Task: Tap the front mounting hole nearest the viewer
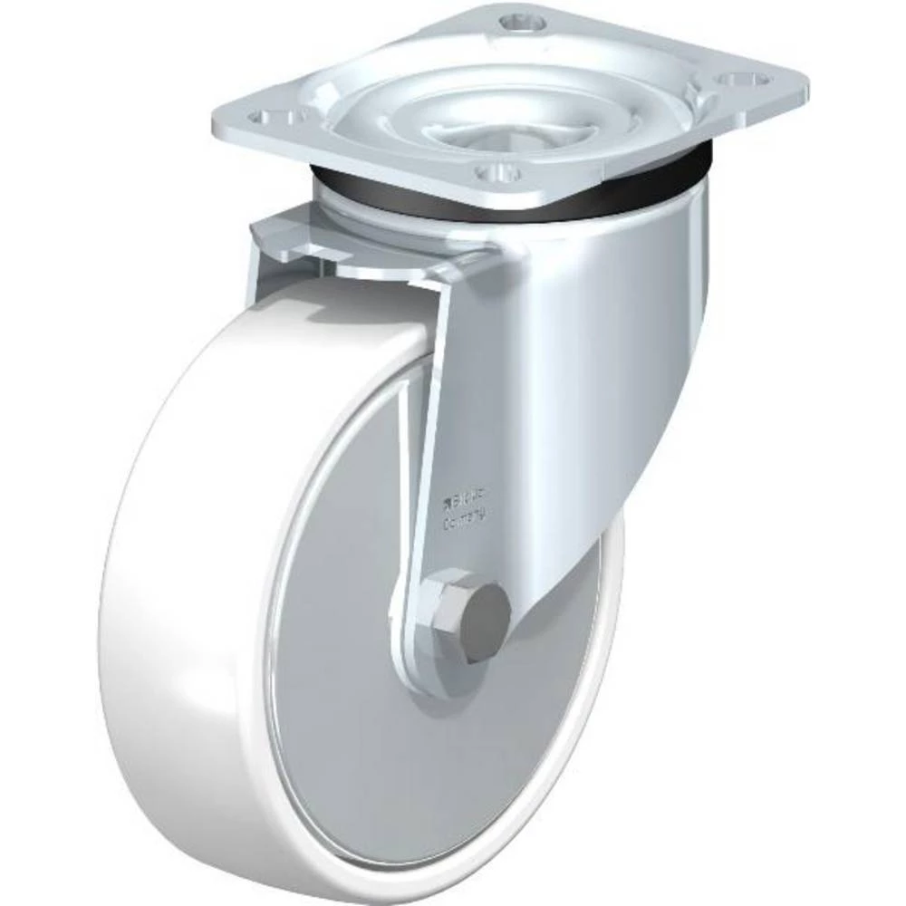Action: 498,171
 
